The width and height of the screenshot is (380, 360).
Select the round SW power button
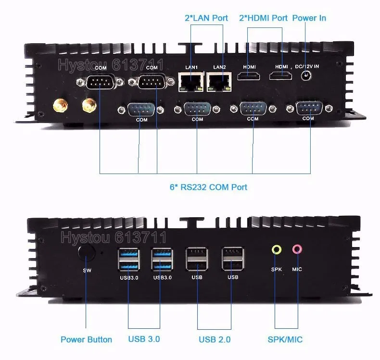coord(87,253)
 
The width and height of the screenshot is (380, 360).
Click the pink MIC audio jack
coord(297,249)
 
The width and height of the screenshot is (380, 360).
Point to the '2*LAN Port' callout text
coord(206,18)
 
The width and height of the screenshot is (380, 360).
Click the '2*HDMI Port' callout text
coord(263,18)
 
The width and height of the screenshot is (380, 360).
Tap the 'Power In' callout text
coord(309,18)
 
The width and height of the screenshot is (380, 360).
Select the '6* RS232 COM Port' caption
coord(208,186)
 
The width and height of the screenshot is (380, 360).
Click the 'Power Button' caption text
coord(86,339)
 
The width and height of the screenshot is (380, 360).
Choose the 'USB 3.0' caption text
coord(144,339)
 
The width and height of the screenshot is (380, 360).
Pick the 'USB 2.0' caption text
coord(215,339)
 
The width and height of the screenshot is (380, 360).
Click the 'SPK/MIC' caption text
coord(285,339)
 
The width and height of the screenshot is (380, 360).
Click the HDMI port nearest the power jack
coord(280,76)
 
